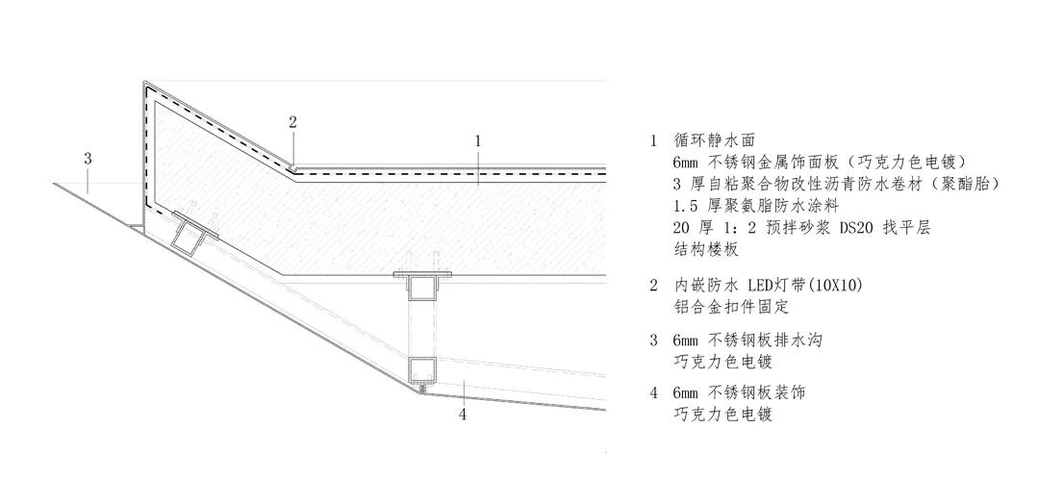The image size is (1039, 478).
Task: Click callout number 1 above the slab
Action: (477, 140)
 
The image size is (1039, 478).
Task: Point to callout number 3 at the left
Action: (88, 158)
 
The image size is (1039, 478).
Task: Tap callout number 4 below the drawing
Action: (464, 415)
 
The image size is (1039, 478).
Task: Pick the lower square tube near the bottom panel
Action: (421, 370)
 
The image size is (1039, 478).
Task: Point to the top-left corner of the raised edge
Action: (144, 82)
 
